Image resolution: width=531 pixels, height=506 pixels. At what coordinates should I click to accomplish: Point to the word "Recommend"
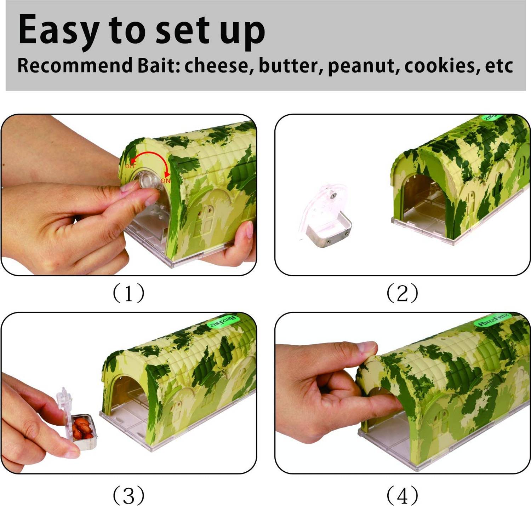pyautogui.click(x=74, y=65)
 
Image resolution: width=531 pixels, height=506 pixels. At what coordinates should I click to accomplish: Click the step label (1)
pyautogui.click(x=129, y=293)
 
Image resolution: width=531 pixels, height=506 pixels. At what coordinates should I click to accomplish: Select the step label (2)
pyautogui.click(x=402, y=293)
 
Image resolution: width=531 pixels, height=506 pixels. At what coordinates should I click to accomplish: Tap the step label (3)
pyautogui.click(x=129, y=495)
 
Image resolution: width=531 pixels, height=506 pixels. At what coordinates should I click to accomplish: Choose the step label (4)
pyautogui.click(x=402, y=495)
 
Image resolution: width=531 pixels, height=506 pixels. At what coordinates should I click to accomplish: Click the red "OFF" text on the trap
pyautogui.click(x=130, y=166)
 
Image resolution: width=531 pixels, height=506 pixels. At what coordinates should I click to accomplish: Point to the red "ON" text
pyautogui.click(x=165, y=181)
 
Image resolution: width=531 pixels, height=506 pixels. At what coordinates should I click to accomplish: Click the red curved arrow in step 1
pyautogui.click(x=150, y=156)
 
